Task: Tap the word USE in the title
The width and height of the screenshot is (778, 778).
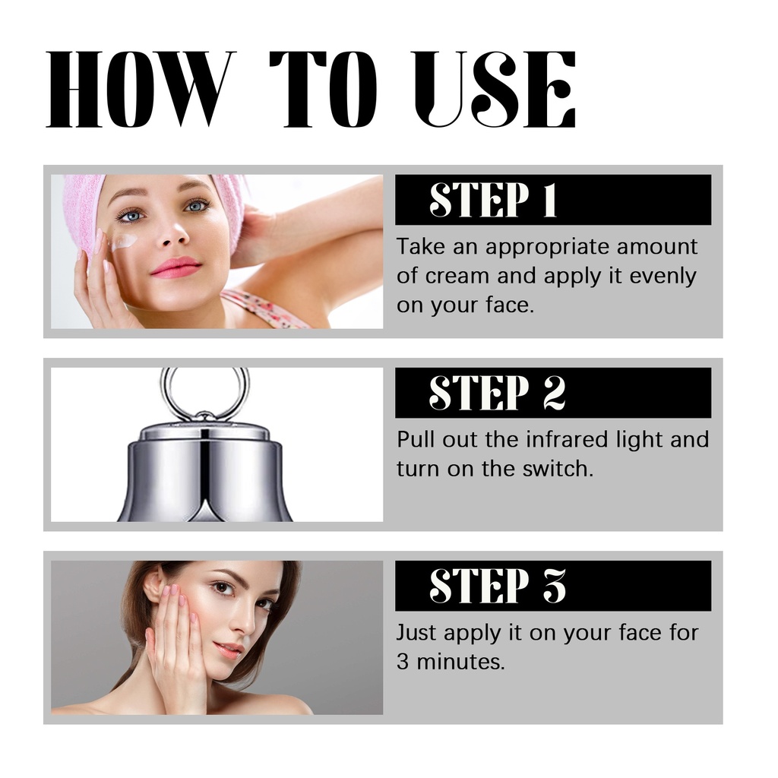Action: (495, 89)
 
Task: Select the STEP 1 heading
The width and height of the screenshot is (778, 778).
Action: (493, 200)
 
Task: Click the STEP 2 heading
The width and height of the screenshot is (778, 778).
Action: (497, 393)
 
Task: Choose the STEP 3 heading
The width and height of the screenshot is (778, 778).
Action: (497, 586)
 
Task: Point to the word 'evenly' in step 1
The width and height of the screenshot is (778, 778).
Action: (663, 277)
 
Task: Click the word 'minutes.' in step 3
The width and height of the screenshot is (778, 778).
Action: (460, 662)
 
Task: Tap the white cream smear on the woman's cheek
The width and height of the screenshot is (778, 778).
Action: (124, 242)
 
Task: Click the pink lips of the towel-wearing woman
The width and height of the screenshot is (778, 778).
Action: (176, 267)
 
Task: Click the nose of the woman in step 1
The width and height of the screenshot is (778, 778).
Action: (174, 233)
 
